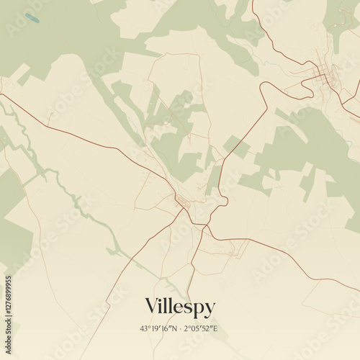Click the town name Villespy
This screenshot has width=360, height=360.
(180, 306)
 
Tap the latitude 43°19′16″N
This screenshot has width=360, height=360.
(159, 328)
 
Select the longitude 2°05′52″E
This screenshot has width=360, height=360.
(201, 328)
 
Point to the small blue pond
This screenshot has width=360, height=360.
(31, 16)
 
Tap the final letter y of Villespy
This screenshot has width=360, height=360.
(210, 308)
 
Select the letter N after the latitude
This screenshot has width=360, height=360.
(174, 328)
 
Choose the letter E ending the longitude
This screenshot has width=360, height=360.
(217, 328)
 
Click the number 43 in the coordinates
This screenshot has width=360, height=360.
(144, 328)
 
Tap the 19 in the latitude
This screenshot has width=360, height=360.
(154, 328)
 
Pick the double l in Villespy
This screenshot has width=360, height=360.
(167, 305)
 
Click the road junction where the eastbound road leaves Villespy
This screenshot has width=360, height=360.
(208, 229)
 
